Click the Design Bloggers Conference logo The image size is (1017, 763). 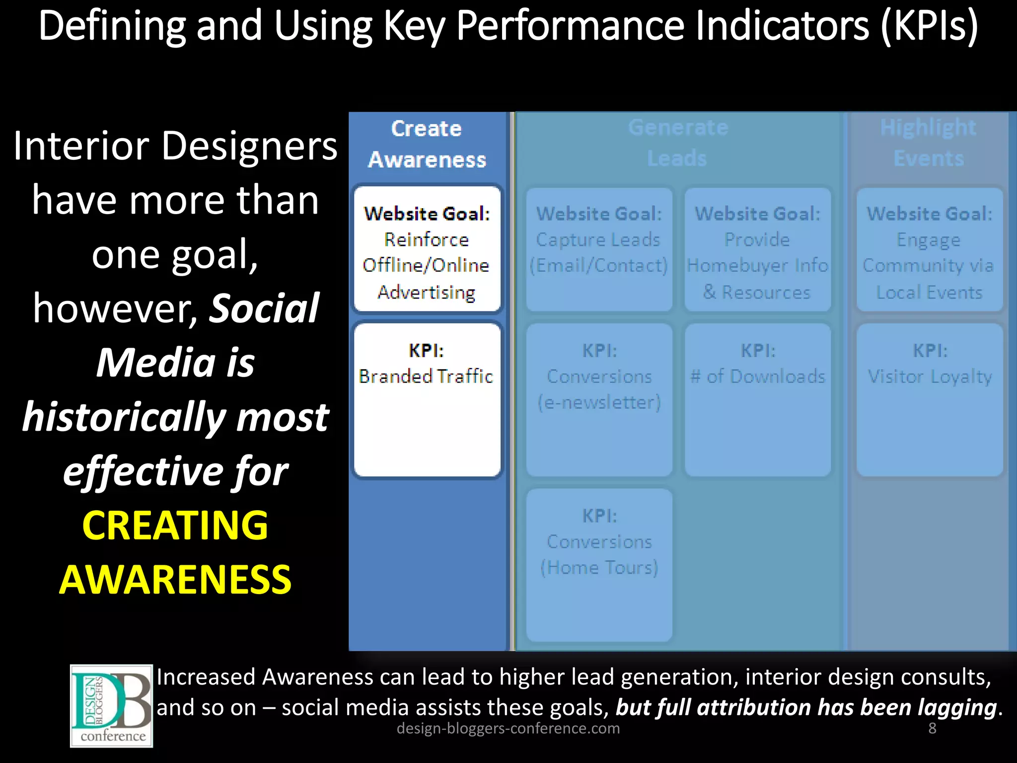point(111,705)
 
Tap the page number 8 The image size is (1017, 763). point(932,728)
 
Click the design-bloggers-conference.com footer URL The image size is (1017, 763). point(508,728)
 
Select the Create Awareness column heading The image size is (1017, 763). point(427,144)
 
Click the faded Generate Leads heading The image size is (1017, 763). point(678,143)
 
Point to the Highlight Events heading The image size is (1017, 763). point(928,143)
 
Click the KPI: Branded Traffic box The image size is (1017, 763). point(427,400)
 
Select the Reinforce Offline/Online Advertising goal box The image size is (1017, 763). point(427,249)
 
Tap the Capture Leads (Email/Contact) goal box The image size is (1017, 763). point(599,249)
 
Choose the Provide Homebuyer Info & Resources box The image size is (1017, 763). point(757,249)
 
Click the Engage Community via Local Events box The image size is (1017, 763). point(929,249)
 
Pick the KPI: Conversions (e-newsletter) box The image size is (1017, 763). point(599,400)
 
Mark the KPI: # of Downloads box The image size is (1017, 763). point(757,400)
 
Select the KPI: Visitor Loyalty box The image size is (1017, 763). point(929,400)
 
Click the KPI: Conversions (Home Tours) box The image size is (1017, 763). point(599,565)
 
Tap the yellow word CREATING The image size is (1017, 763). point(175,526)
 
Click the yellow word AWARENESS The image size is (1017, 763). point(175,580)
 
